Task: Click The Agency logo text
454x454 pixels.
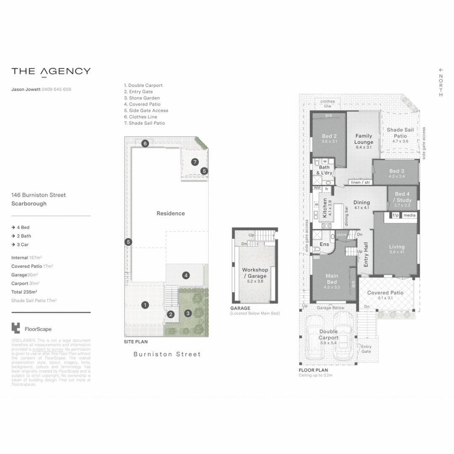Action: pyautogui.click(x=51, y=71)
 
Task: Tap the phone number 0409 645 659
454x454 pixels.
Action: pyautogui.click(x=56, y=89)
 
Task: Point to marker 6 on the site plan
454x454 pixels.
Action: pyautogui.click(x=145, y=143)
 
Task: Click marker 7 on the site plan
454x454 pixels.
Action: pyautogui.click(x=195, y=162)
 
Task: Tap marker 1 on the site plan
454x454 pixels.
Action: pyautogui.click(x=145, y=305)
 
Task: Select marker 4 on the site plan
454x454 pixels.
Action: pyautogui.click(x=186, y=275)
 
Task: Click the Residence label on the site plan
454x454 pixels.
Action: pyautogui.click(x=171, y=213)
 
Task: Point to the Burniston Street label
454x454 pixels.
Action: pyautogui.click(x=167, y=354)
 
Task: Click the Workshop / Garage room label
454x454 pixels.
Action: pyautogui.click(x=255, y=272)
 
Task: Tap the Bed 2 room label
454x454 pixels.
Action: pyautogui.click(x=329, y=136)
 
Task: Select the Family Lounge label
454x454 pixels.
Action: pyautogui.click(x=364, y=139)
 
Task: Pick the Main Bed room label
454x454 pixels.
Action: pyautogui.click(x=332, y=279)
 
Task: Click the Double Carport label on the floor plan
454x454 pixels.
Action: pyautogui.click(x=328, y=335)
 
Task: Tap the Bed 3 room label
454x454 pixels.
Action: pyautogui.click(x=396, y=171)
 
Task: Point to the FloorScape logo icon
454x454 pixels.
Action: pyautogui.click(x=16, y=328)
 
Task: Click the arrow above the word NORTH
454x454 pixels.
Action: pyautogui.click(x=441, y=70)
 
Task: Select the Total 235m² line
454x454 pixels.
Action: pyautogui.click(x=24, y=291)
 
